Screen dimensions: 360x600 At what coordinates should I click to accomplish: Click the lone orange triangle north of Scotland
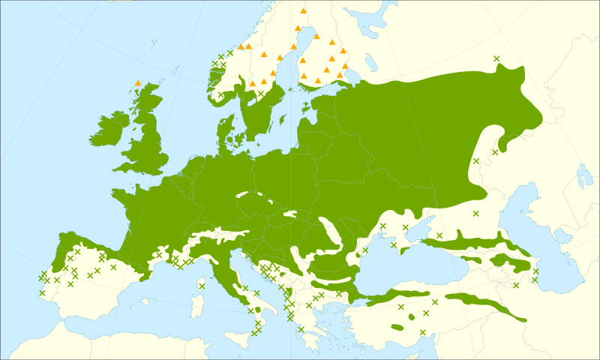[x=137, y=82]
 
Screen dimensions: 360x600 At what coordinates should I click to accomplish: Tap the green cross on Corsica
[x=201, y=286]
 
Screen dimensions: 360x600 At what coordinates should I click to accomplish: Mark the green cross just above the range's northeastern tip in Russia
[x=496, y=58]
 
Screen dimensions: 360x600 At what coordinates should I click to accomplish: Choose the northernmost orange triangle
[x=303, y=10]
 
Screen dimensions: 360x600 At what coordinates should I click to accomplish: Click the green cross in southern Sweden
[x=261, y=94]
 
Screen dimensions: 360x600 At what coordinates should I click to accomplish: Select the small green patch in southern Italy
[x=257, y=310]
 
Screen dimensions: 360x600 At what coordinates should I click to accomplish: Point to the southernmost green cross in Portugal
[x=42, y=292]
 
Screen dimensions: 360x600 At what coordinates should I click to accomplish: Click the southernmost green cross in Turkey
[x=422, y=332]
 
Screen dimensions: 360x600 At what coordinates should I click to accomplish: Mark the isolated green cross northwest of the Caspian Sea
[x=475, y=214]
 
